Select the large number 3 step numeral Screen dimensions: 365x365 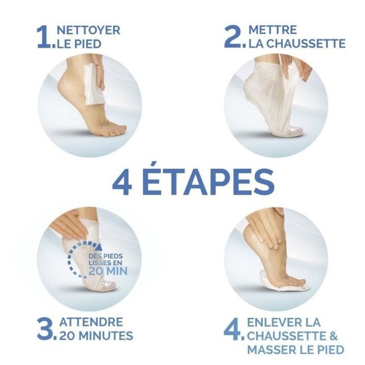[x=44, y=328]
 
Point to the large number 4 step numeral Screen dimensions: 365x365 [x=232, y=329]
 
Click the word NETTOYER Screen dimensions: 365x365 [x=88, y=30]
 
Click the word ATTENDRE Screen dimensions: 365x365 [x=91, y=321]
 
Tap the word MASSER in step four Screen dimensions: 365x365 [x=271, y=350]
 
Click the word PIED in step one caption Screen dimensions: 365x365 [x=87, y=44]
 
